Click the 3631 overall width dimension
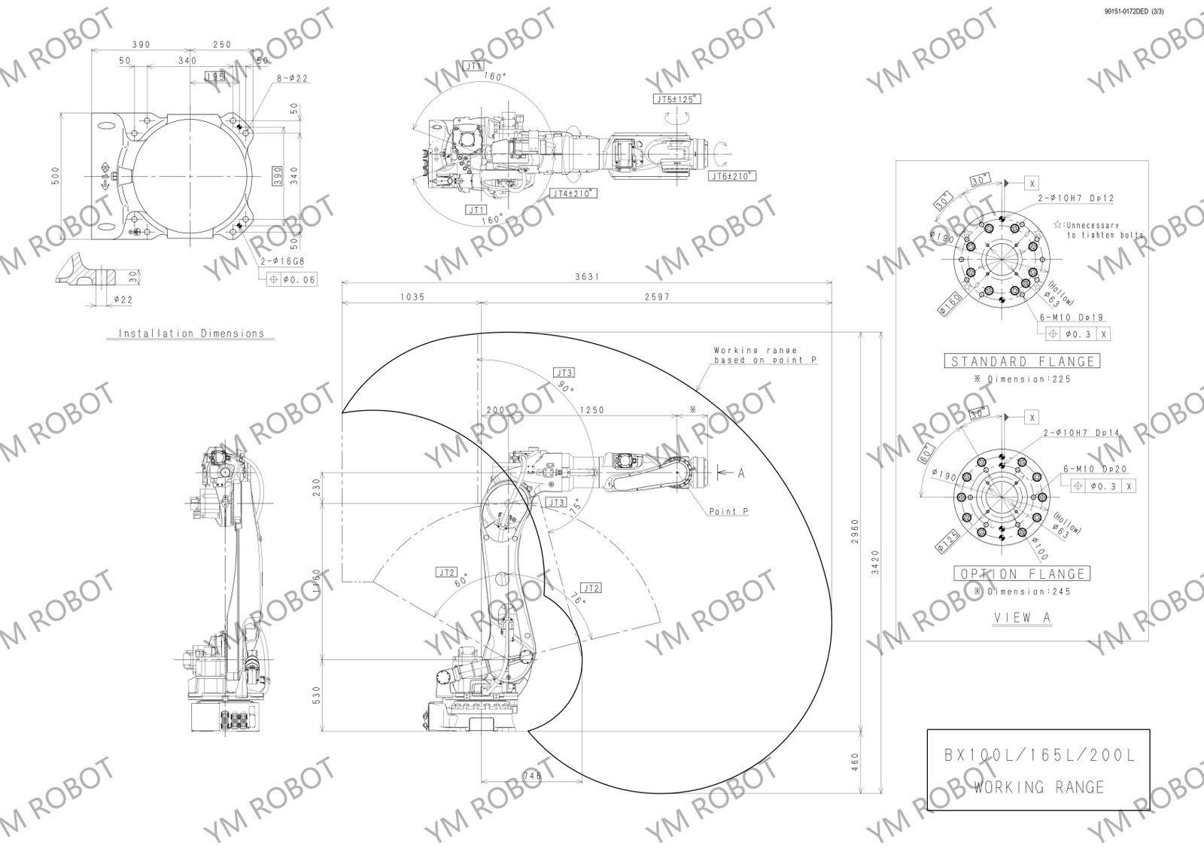pyautogui.click(x=587, y=276)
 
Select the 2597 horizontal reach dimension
pyautogui.click(x=657, y=297)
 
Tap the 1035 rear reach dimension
pyautogui.click(x=412, y=297)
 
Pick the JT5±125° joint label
pyautogui.click(x=676, y=99)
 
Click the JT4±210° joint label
pyautogui.click(x=574, y=193)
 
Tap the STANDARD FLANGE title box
pyautogui.click(x=1020, y=361)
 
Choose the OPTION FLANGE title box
pyautogui.click(x=1021, y=574)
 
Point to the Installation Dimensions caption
pyautogui.click(x=191, y=333)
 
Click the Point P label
pyautogui.click(x=728, y=511)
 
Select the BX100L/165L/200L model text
pyautogui.click(x=1038, y=756)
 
